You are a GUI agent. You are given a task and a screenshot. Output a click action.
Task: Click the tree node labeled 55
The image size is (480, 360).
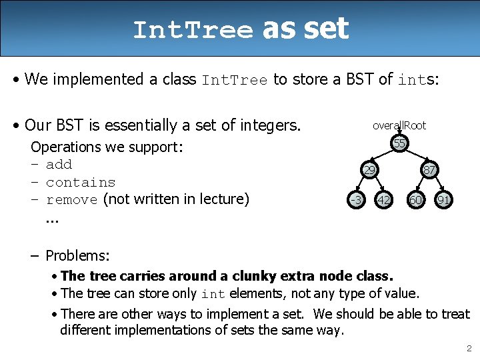point(399,144)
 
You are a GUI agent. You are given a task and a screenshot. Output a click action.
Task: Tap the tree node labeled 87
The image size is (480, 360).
point(429,171)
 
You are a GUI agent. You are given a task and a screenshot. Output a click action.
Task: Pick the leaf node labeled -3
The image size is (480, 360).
point(356,199)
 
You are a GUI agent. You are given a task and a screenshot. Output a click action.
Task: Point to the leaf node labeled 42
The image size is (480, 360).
point(383,199)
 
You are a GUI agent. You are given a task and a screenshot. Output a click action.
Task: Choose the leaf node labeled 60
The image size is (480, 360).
point(415,199)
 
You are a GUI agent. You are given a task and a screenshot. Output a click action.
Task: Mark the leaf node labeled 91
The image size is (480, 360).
point(443,199)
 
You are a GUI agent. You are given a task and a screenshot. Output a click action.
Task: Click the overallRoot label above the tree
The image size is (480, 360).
point(399,125)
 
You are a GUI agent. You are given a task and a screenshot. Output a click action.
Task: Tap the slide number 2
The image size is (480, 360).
point(469,348)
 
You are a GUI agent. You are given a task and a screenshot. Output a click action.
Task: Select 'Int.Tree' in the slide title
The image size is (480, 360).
point(193,31)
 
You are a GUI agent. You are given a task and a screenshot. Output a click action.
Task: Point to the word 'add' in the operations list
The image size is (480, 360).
point(59,165)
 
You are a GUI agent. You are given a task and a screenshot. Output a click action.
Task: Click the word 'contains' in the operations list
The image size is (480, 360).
point(81,182)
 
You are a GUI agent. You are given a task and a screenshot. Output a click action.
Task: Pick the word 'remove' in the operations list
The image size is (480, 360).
point(72,199)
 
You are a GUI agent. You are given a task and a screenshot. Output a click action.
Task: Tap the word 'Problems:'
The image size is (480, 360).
point(78,255)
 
